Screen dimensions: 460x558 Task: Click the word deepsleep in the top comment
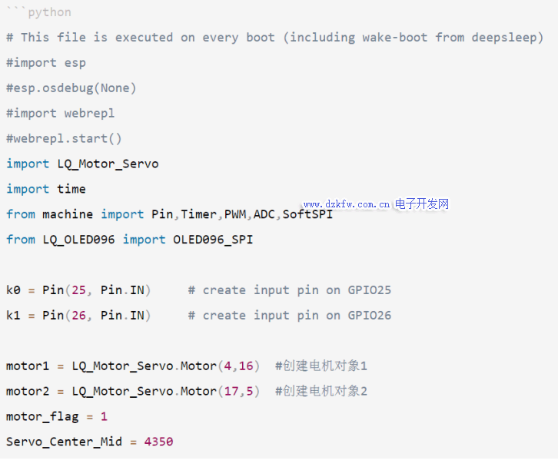pyautogui.click(x=507, y=38)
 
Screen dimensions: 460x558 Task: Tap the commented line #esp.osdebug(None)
pyautogui.click(x=71, y=88)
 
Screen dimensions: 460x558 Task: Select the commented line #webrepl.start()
pyautogui.click(x=65, y=138)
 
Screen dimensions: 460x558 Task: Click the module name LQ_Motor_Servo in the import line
pyautogui.click(x=108, y=164)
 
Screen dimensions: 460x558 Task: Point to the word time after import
pyautogui.click(x=71, y=189)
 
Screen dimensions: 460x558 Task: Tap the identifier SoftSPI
pyautogui.click(x=307, y=214)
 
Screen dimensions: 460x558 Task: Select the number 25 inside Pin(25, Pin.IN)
pyautogui.click(x=78, y=290)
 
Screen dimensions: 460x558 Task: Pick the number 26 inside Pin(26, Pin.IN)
pyautogui.click(x=78, y=316)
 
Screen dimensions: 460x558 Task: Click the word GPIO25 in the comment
pyautogui.click(x=369, y=290)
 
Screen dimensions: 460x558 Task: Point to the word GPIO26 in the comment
pyautogui.click(x=369, y=316)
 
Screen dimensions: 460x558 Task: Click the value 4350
pyautogui.click(x=158, y=442)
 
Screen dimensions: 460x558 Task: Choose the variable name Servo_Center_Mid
pyautogui.click(x=64, y=442)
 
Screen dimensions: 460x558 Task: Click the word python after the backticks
pyautogui.click(x=49, y=12)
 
